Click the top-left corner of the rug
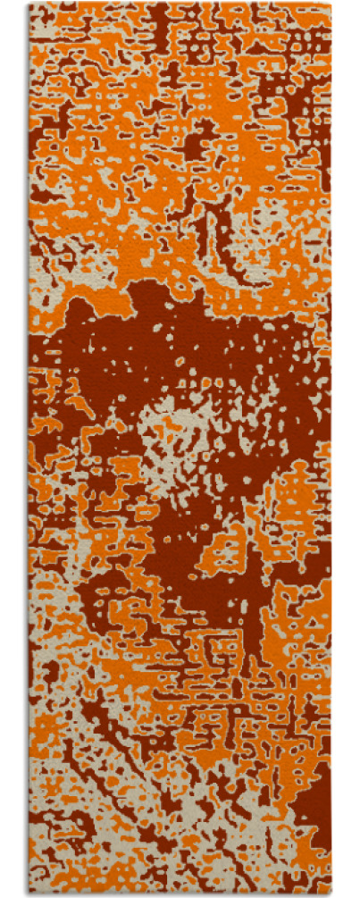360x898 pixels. (x=29, y=4)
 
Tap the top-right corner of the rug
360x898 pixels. (x=331, y=4)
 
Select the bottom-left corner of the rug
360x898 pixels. (x=29, y=894)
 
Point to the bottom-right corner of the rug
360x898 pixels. (x=331, y=894)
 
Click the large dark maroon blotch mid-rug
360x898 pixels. (x=214, y=357)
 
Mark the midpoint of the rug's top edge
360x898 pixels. (x=180, y=4)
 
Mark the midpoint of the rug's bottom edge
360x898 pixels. (x=180, y=894)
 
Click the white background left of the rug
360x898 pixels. (x=13, y=447)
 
